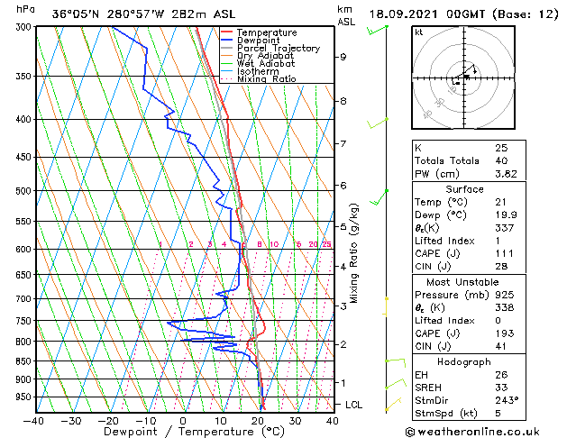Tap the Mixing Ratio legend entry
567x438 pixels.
[x=267, y=78]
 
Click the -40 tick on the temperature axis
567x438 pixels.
[x=34, y=420]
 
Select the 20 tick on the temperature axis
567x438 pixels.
[x=258, y=420]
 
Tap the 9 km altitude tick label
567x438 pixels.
[x=343, y=57]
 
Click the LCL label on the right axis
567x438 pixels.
[x=354, y=405]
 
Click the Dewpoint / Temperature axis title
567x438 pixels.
[x=183, y=432]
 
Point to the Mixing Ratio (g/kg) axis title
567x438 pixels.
[x=354, y=252]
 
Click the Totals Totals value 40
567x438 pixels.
[x=500, y=160]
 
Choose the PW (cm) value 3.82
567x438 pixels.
[x=504, y=174]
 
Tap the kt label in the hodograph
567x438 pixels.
[x=418, y=32]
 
